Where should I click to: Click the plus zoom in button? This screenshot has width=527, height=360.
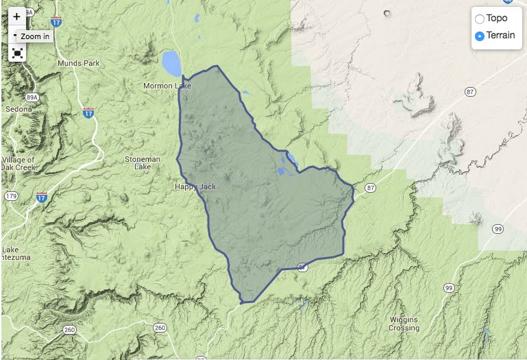(17, 17)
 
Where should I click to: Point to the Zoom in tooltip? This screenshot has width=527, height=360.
(34, 36)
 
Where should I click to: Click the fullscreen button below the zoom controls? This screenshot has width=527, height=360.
(17, 53)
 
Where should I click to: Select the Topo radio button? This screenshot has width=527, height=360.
(480, 19)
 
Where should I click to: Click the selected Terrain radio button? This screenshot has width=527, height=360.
(480, 36)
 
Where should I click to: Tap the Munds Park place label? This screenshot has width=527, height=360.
(79, 63)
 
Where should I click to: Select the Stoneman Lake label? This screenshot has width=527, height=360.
(143, 163)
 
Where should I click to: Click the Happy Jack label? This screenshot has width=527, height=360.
(195, 186)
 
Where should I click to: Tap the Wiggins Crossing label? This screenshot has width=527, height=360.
(404, 324)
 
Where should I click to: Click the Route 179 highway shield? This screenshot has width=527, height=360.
(11, 197)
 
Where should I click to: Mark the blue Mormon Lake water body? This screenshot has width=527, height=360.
(171, 64)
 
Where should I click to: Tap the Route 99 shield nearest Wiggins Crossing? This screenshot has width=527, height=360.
(448, 287)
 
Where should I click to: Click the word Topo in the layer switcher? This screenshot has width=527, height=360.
(497, 19)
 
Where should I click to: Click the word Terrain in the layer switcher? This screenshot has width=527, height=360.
(500, 36)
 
